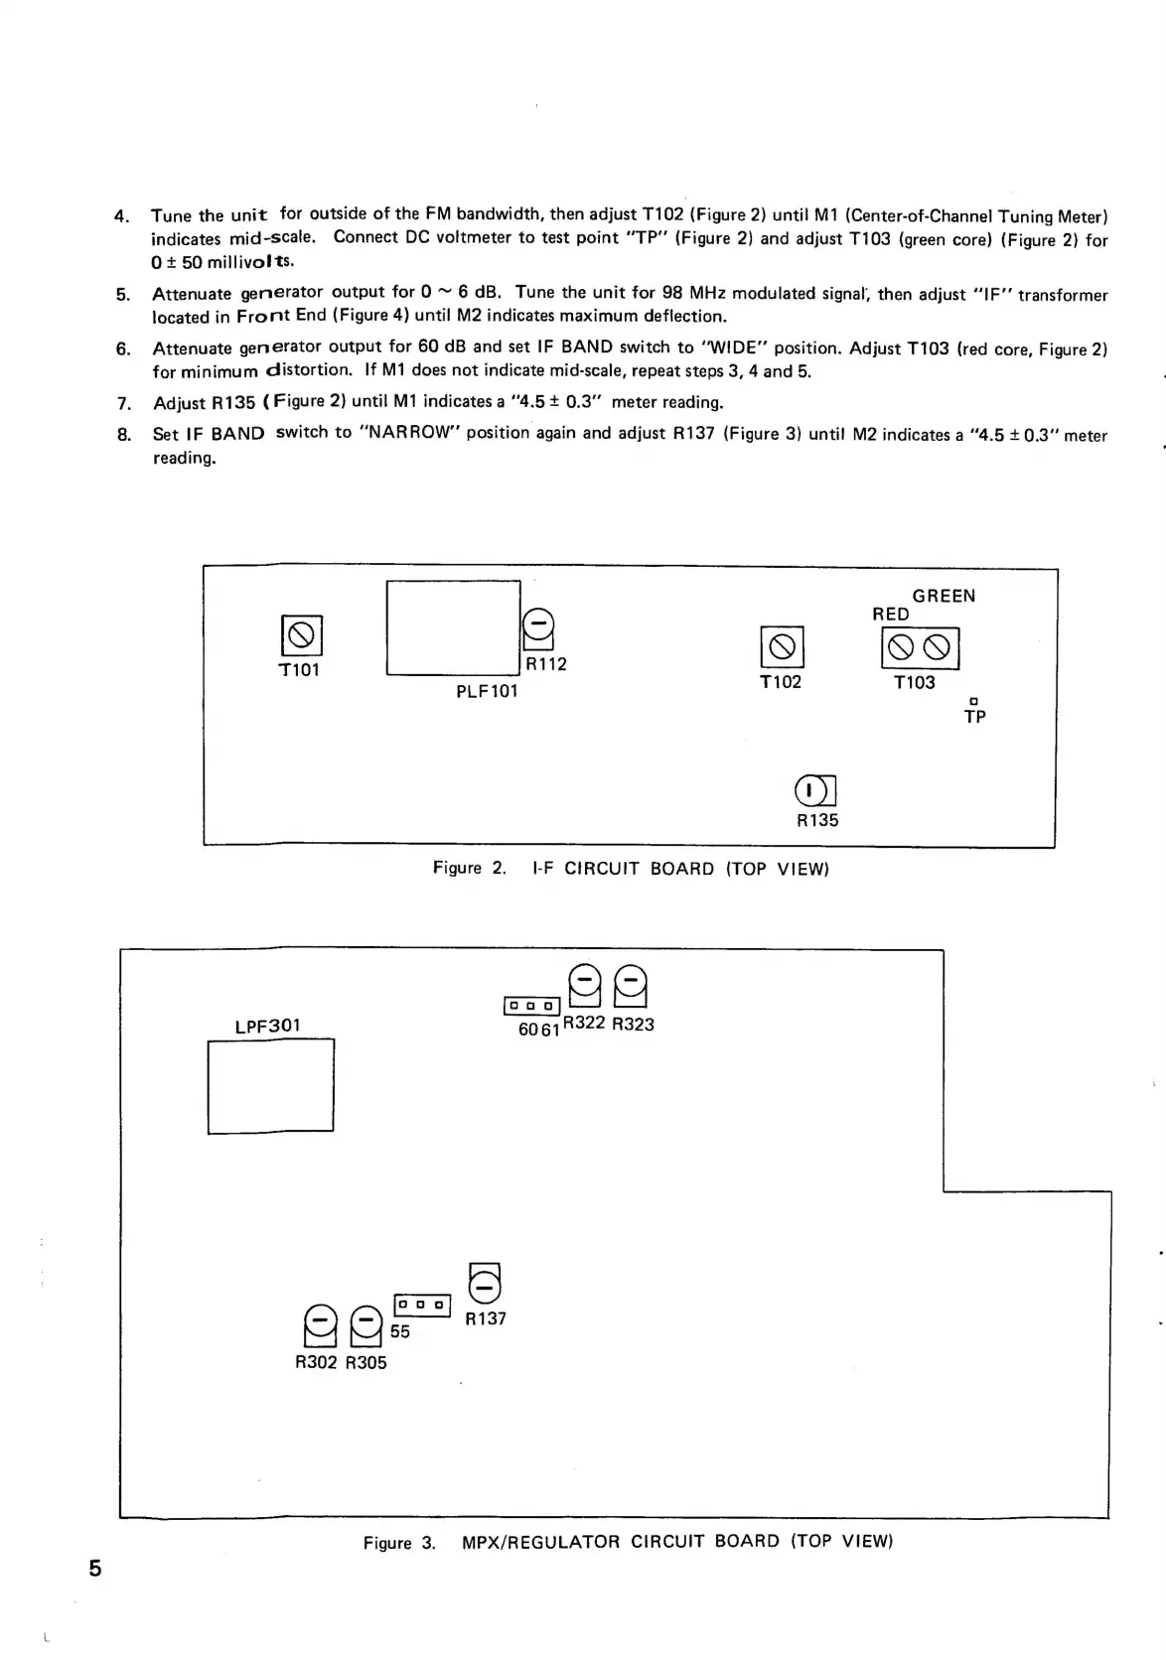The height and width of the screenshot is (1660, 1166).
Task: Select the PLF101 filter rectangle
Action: tap(453, 627)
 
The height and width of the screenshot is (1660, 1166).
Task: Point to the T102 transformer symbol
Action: tap(782, 647)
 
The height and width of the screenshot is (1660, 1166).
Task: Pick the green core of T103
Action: tap(938, 648)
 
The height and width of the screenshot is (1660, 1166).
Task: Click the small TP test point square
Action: tap(974, 701)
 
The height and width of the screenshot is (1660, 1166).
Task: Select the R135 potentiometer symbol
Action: tap(815, 791)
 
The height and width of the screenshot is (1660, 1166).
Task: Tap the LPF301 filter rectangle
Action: tap(270, 1085)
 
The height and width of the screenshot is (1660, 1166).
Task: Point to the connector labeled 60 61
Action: tap(533, 1006)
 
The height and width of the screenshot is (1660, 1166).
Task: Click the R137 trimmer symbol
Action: tap(485, 1283)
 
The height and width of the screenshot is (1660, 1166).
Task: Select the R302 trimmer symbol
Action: tap(319, 1325)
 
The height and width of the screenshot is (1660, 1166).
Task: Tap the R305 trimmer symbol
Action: tap(366, 1325)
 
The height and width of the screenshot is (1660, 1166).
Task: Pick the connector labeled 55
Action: tap(423, 1305)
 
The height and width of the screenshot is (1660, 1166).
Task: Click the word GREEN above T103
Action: tap(944, 596)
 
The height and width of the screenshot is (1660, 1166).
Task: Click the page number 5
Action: tap(95, 1569)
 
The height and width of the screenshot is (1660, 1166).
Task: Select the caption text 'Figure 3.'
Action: tap(399, 1543)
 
